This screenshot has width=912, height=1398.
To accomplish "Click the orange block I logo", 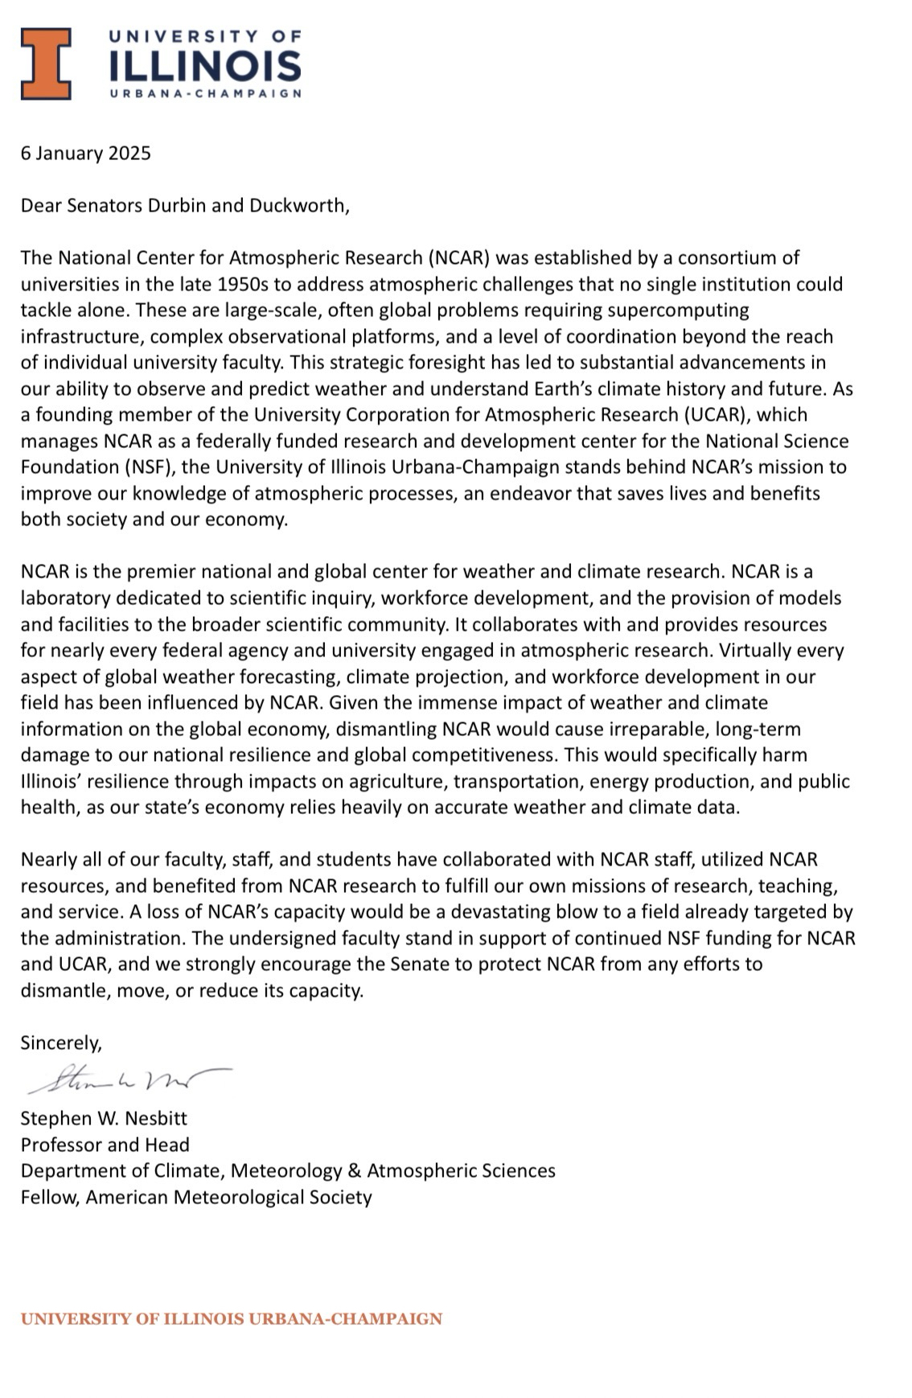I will [x=46, y=64].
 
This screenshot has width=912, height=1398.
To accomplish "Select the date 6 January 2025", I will [x=86, y=153].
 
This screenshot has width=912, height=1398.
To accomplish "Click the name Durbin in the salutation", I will [x=177, y=205].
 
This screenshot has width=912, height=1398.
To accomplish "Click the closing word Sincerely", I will [x=61, y=1043].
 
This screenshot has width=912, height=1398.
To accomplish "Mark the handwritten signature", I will [x=129, y=1079].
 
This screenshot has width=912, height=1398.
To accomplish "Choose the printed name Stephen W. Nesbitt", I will [x=104, y=1119].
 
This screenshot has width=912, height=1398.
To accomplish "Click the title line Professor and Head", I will [x=105, y=1145].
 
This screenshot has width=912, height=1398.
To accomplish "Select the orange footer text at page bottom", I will [x=232, y=1319].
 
